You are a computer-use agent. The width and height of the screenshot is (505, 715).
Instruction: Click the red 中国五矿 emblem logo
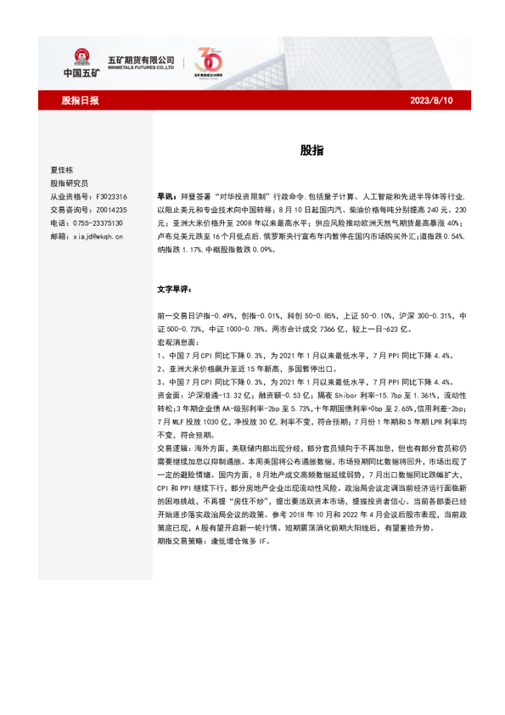coord(82,58)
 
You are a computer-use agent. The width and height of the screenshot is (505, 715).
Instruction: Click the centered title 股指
coord(311,150)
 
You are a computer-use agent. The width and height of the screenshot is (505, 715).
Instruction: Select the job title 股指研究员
coord(69,183)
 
